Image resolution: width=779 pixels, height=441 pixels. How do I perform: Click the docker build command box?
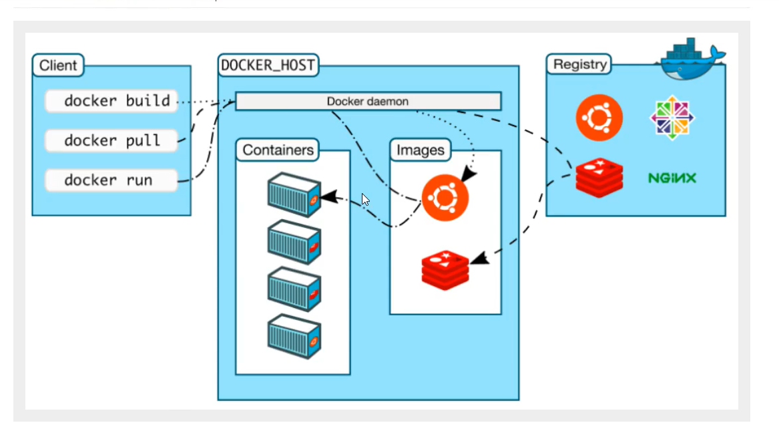point(111,101)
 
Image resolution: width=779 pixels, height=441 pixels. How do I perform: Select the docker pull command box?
point(111,140)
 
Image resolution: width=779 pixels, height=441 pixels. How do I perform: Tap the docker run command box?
point(111,180)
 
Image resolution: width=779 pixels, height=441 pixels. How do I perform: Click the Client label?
point(58,65)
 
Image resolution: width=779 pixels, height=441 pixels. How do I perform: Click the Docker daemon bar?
point(368,101)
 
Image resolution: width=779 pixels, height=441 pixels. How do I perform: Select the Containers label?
point(278,150)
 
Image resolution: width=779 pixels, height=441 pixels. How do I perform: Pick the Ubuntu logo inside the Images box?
point(445,197)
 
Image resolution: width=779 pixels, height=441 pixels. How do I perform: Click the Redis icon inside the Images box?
point(445,269)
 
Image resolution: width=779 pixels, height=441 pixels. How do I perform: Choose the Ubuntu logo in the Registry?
point(599,118)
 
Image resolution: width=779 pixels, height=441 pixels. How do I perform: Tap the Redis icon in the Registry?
point(599,178)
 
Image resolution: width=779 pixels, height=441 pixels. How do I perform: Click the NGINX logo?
point(672,178)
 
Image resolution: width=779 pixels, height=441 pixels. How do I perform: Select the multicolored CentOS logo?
point(672,118)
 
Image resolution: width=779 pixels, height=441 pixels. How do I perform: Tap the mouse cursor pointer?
point(365,199)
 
